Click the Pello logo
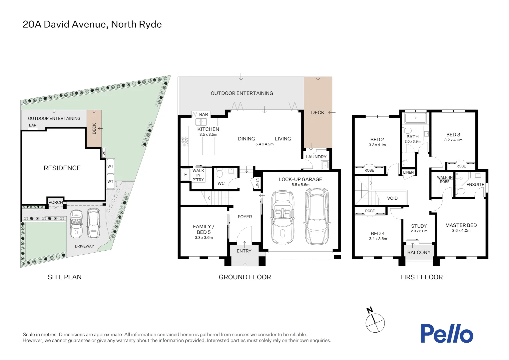(446, 333)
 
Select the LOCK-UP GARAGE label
(300, 179)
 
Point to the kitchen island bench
(209, 146)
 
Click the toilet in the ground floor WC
(220, 174)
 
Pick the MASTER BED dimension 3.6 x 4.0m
(461, 231)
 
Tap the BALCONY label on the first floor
(419, 252)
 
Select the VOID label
(392, 198)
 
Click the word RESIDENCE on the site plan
(62, 168)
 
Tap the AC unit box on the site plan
(104, 153)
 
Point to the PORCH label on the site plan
(55, 202)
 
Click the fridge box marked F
(186, 174)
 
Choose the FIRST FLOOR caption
(421, 277)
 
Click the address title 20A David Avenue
(92, 24)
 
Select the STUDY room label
(419, 226)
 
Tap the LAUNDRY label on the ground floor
(316, 157)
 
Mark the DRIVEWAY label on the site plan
(84, 246)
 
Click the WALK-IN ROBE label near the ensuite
(445, 180)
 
